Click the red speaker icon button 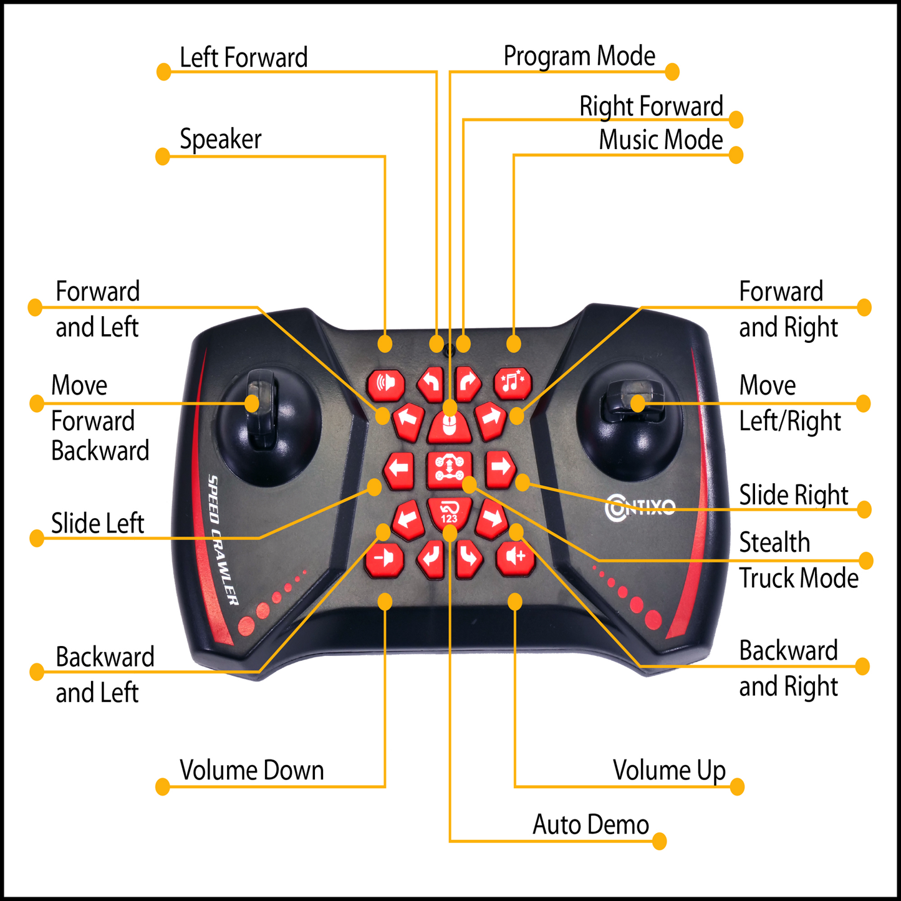point(386,383)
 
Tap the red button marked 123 point(449,513)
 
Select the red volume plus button point(515,557)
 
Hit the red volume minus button point(384,557)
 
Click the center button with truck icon point(449,469)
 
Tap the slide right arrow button point(500,468)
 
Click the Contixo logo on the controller point(640,506)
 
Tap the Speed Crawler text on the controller point(223,540)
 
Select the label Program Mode point(579,57)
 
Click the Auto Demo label point(590,825)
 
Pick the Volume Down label point(251,771)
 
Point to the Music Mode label point(660,140)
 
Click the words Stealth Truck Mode point(798,561)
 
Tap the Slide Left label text point(97,524)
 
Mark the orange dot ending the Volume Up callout point(737,786)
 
